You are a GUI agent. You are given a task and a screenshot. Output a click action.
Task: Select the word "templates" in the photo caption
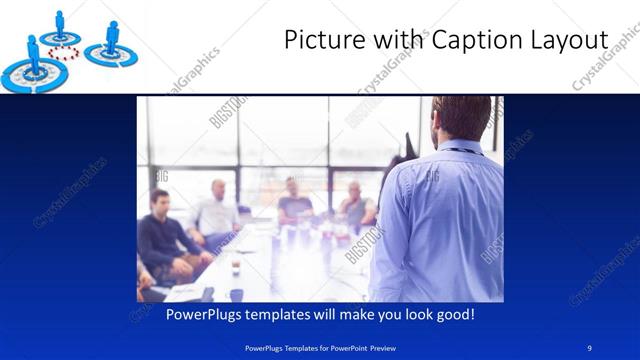[x=289, y=314]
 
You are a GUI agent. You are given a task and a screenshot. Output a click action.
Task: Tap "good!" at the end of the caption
[x=453, y=314]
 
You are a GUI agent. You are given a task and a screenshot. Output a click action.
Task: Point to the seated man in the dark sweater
[x=164, y=235]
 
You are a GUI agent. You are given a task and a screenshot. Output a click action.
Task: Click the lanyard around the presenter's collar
[x=461, y=150]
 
